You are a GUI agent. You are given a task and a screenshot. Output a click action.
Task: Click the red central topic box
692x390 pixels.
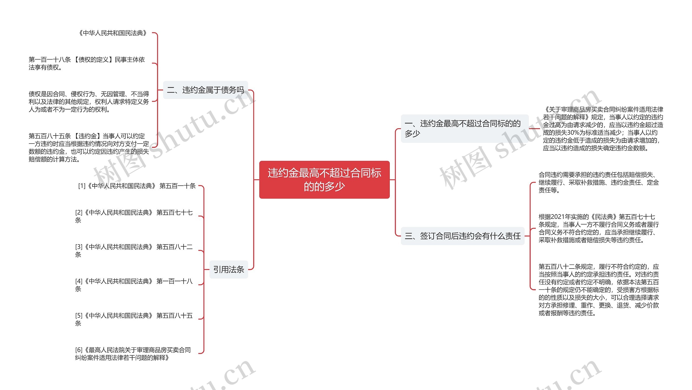click(324, 180)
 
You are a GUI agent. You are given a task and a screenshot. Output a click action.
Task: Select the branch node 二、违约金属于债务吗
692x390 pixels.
click(205, 90)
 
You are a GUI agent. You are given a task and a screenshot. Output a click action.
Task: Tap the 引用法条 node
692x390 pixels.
click(228, 269)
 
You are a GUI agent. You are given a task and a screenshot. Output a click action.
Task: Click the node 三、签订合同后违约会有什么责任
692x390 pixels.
click(463, 236)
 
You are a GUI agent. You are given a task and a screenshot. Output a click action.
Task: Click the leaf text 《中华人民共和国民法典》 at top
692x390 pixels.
click(113, 33)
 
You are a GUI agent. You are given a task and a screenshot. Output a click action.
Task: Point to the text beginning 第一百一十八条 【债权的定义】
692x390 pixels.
click(86, 63)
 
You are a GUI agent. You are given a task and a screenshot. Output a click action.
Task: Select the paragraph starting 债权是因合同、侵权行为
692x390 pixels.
click(89, 102)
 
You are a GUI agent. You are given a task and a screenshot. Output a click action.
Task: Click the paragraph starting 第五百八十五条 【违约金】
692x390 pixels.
click(89, 147)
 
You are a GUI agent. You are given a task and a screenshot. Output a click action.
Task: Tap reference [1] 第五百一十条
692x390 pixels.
click(137, 186)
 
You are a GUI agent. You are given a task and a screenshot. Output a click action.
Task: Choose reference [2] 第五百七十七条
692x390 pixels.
click(134, 216)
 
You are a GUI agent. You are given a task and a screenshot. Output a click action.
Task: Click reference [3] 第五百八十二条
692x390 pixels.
click(134, 250)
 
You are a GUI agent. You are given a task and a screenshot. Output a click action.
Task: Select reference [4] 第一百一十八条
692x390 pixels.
click(134, 285)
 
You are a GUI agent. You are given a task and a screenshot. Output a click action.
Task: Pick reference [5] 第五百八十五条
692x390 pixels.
click(134, 319)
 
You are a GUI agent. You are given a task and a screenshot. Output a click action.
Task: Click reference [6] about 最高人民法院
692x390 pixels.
click(133, 354)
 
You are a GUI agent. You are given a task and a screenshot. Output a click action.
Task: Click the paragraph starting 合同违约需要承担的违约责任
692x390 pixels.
click(598, 182)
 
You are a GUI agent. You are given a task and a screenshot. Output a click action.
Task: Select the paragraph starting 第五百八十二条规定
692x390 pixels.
click(598, 290)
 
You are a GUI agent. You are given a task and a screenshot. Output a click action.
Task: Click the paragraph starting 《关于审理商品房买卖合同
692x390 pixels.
click(603, 129)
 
